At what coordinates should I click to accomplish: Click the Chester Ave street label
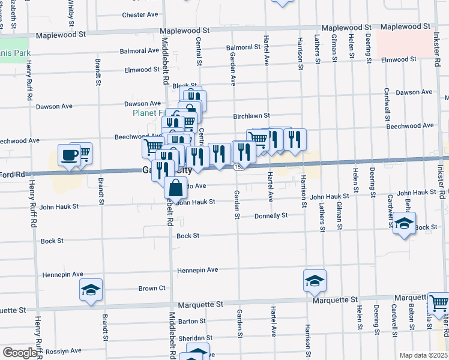point(139,14)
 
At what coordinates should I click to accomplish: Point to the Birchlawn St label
point(252,116)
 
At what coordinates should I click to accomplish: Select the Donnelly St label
point(271,215)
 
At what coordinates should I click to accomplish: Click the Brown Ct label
point(152,289)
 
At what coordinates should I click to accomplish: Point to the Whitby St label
point(73,13)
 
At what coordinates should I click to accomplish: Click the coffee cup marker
point(68,156)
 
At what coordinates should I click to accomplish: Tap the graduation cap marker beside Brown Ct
point(91,290)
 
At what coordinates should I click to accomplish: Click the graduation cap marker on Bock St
point(404,224)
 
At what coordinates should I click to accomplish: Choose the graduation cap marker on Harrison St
point(314,281)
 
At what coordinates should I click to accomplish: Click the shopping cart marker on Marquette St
point(439,303)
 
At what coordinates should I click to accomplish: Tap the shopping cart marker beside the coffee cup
point(83,153)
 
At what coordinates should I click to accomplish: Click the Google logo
point(20,353)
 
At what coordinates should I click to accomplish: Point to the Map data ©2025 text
point(423,355)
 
